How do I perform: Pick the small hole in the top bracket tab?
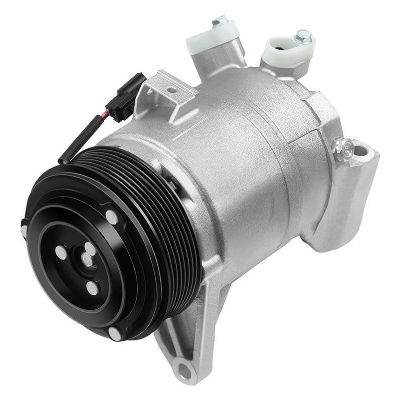171,90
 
